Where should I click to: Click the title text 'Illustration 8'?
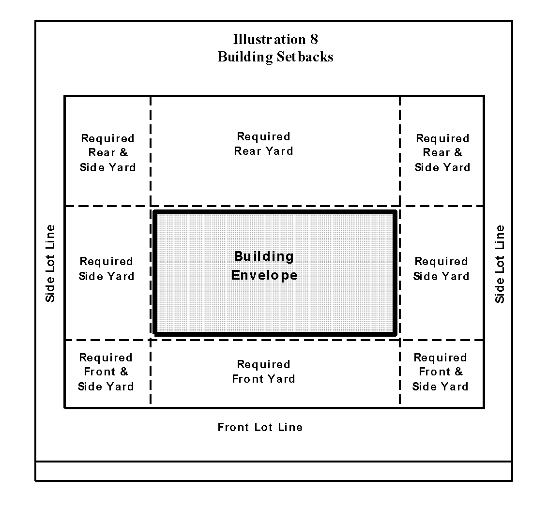(275, 39)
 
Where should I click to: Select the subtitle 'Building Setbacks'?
(275, 57)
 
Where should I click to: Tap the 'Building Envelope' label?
(264, 266)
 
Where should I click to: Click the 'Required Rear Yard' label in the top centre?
(263, 144)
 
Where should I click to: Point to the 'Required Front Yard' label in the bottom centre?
(263, 372)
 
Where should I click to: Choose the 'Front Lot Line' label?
(260, 427)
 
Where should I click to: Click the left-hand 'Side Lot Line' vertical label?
(50, 263)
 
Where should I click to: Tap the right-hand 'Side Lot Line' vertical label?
(500, 264)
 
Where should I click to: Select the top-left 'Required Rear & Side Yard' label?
(107, 153)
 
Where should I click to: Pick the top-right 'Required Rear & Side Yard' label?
(442, 153)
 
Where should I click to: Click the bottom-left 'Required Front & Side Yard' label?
(106, 372)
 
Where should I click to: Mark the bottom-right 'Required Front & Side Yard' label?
(440, 372)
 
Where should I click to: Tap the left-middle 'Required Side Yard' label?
(106, 269)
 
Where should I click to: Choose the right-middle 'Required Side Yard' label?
(441, 269)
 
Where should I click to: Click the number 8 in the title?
(314, 39)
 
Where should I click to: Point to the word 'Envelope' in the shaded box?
(264, 275)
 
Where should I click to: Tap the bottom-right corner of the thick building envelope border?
(395, 333)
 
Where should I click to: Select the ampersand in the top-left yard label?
(123, 153)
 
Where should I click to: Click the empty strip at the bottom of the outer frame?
(274, 471)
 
